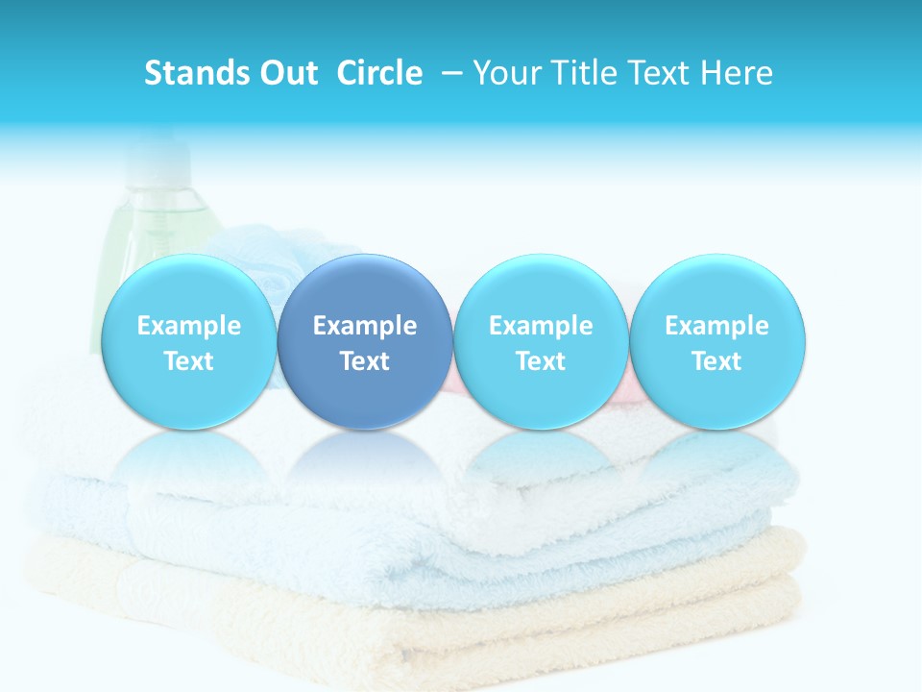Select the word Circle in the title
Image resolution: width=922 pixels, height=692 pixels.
(x=379, y=73)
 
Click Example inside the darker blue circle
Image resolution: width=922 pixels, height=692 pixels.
(x=365, y=326)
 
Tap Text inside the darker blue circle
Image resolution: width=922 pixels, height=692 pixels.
(x=365, y=361)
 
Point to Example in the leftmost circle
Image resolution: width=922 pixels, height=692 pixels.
(x=189, y=326)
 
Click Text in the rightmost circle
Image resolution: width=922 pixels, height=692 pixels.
(x=717, y=361)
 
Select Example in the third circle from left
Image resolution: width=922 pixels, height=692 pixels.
(x=541, y=326)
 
